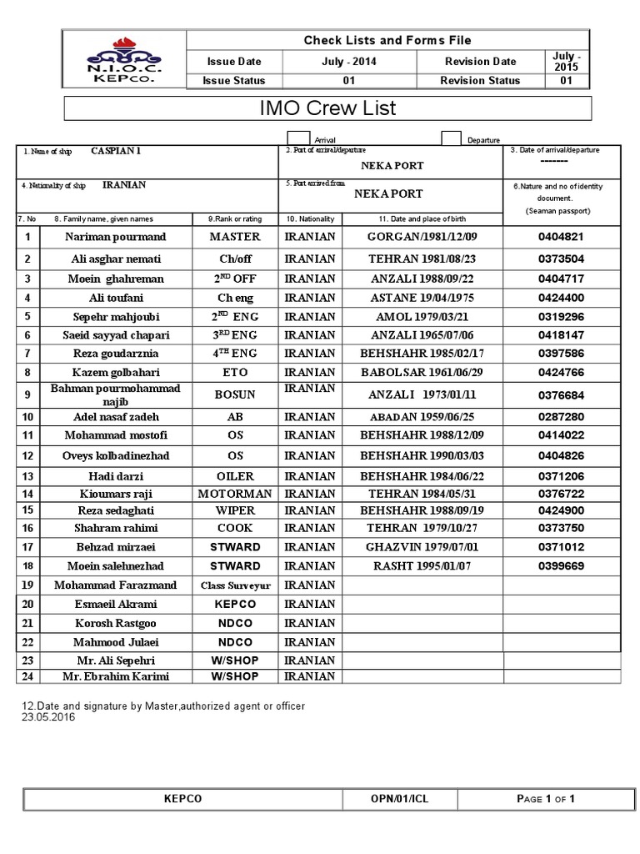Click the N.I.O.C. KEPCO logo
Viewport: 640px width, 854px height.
click(124, 59)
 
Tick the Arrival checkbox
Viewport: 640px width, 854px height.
click(298, 138)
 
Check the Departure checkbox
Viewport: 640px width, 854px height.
click(451, 138)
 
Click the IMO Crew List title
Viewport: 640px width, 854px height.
click(328, 108)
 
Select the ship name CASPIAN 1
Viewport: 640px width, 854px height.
click(116, 150)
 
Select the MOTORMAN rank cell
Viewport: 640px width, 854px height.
click(235, 493)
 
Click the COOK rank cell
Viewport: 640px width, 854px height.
click(235, 528)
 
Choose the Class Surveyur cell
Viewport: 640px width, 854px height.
click(235, 585)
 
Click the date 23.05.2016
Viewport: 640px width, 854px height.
click(47, 717)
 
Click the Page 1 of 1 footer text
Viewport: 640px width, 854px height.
click(546, 799)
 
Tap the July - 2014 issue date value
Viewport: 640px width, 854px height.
click(348, 62)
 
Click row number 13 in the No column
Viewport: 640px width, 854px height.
click(27, 475)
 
